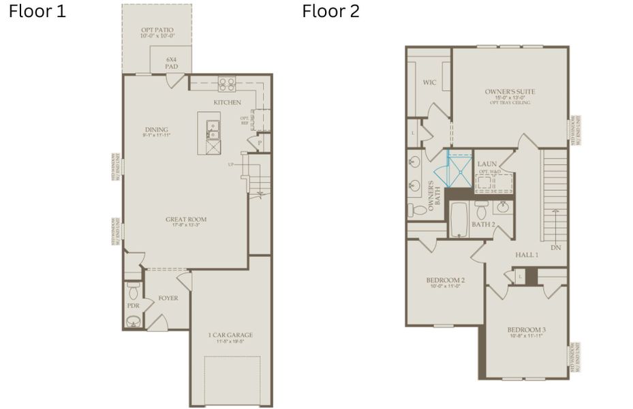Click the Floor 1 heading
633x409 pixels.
click(x=37, y=12)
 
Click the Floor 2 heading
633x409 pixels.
click(x=330, y=12)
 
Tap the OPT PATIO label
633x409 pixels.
click(x=157, y=31)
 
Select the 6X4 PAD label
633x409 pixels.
click(x=172, y=63)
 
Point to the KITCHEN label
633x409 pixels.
click(x=227, y=102)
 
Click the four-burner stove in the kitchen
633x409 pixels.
click(x=227, y=85)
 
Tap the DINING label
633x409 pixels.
click(x=157, y=130)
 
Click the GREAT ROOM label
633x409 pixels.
click(x=186, y=219)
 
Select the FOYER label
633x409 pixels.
click(x=168, y=298)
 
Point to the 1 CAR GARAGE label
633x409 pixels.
click(x=230, y=335)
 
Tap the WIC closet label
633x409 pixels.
click(x=429, y=82)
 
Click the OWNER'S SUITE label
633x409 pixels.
click(x=510, y=91)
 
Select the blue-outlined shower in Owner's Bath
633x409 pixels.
click(x=458, y=169)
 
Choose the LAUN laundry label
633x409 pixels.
click(x=487, y=164)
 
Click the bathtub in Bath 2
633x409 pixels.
click(x=459, y=219)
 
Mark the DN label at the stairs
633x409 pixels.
click(x=556, y=247)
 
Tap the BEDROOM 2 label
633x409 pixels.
click(x=445, y=280)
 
